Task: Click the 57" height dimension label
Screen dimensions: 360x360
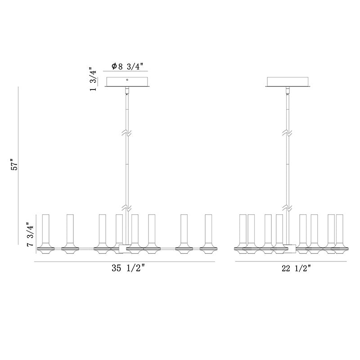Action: click(15, 164)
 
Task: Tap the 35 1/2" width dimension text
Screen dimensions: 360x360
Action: click(128, 268)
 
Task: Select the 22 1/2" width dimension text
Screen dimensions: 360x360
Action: click(296, 268)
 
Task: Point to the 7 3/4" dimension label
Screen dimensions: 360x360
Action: click(31, 235)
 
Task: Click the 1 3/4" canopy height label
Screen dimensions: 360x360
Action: click(93, 79)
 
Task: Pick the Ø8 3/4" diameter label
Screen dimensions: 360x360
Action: click(127, 67)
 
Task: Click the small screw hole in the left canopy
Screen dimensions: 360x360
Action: click(127, 80)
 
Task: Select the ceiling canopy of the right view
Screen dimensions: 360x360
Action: click(288, 82)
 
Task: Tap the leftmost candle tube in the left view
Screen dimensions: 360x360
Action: click(46, 229)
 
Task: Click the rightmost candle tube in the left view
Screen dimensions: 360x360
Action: click(208, 229)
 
